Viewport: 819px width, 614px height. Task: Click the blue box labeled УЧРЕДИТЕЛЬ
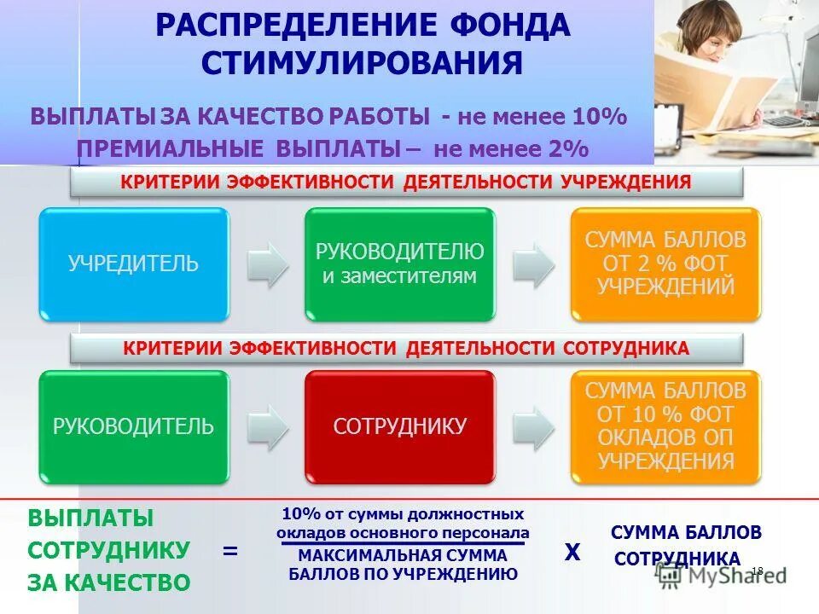click(x=134, y=264)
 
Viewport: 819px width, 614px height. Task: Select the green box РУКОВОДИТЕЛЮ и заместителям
click(x=400, y=264)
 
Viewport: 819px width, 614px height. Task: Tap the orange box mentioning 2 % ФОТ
click(x=665, y=264)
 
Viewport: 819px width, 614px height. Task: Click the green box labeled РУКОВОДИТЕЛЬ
click(x=134, y=426)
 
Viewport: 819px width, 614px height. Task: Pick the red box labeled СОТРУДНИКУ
click(x=400, y=426)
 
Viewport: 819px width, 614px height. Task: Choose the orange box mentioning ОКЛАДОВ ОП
click(x=665, y=426)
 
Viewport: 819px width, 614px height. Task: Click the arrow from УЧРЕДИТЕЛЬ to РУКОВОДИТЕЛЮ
click(x=268, y=264)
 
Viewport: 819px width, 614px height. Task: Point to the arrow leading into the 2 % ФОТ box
click(x=533, y=264)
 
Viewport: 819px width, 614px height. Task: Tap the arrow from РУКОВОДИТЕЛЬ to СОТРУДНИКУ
click(x=268, y=426)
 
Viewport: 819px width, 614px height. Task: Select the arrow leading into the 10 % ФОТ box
click(x=533, y=426)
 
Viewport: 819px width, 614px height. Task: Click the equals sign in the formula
click(x=229, y=551)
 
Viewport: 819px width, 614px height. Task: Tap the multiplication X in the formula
click(x=572, y=553)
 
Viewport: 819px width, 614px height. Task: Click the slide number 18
click(x=757, y=570)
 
